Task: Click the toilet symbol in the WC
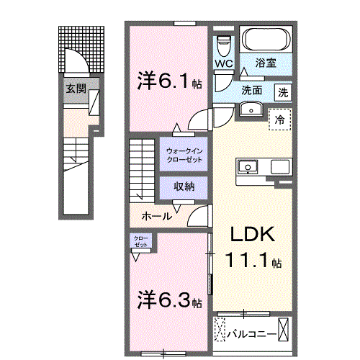(x=223, y=45)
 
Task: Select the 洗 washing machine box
(x=283, y=92)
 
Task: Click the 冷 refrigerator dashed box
(x=280, y=120)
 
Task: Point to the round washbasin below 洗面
(x=251, y=109)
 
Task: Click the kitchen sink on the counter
(x=248, y=166)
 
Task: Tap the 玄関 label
(x=76, y=89)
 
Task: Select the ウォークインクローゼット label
(x=184, y=156)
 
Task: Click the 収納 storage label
(x=184, y=186)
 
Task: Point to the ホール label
(x=157, y=217)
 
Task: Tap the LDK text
(x=253, y=234)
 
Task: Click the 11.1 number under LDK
(x=246, y=260)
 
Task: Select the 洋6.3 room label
(x=169, y=300)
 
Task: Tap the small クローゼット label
(x=140, y=241)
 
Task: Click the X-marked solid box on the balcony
(x=283, y=329)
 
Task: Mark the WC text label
(x=224, y=63)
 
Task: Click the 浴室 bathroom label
(x=266, y=63)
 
